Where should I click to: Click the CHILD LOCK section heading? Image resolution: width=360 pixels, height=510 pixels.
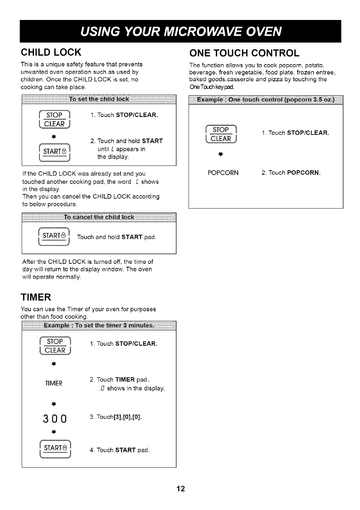51,52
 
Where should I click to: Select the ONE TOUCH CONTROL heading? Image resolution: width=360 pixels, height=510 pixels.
244,53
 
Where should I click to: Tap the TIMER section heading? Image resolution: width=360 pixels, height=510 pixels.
36,297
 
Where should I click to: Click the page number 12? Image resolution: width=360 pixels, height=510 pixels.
180,489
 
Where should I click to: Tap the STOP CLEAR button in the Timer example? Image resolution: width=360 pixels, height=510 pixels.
56,346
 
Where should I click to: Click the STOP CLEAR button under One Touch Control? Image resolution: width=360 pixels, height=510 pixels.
222,134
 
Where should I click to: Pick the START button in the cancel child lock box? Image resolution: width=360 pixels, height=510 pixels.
54,236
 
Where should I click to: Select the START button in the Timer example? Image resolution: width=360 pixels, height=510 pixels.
55,449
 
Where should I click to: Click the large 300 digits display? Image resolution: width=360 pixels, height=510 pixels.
55,419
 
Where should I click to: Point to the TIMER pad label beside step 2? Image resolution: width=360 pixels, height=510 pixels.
54,383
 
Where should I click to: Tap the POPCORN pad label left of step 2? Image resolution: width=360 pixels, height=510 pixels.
223,173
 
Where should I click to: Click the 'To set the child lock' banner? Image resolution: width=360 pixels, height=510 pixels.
99,99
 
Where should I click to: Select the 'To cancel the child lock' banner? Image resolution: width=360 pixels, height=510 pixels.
99,217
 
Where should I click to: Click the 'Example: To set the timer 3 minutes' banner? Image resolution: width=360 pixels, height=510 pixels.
99,325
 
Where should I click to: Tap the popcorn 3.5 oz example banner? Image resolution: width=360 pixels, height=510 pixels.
266,100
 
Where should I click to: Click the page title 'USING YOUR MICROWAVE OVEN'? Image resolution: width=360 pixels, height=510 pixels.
180,32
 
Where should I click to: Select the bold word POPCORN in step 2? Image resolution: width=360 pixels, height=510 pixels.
303,173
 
